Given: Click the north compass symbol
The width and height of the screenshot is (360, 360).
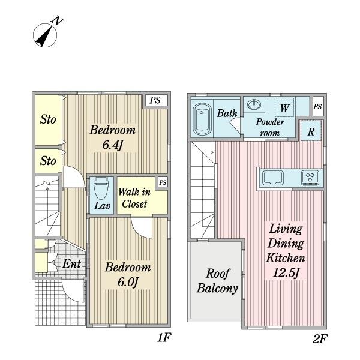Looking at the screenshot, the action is tap(45, 35).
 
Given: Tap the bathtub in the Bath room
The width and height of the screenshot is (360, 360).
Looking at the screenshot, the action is tap(202, 119).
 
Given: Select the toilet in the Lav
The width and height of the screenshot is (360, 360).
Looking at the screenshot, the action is tap(101, 188).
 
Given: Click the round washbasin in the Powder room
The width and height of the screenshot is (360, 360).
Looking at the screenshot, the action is tap(254, 104).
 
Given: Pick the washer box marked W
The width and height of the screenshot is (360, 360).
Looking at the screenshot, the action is tap(284, 107).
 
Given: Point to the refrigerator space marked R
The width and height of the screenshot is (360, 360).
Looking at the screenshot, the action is tap(311, 130).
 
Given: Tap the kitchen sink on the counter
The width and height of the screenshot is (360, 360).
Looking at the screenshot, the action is tap(272, 178).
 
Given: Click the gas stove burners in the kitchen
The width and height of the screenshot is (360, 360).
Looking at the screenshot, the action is tap(310, 178).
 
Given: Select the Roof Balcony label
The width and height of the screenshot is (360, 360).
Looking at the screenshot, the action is tap(217, 281).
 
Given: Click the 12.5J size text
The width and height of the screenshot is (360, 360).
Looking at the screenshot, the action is tap(286, 272).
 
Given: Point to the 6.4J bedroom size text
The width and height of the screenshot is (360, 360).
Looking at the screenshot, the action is tap(113, 145).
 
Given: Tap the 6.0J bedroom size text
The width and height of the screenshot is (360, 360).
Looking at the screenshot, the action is tap(128, 282).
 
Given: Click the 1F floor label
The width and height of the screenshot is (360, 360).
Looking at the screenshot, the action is tap(164, 337).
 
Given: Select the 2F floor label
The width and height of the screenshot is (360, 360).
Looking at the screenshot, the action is tap(319, 339).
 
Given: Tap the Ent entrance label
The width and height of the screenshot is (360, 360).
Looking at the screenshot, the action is tap(71, 263).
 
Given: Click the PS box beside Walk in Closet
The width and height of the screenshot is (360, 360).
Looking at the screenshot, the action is tap(163, 182).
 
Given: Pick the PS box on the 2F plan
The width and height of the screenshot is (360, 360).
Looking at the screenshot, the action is tap(318, 106).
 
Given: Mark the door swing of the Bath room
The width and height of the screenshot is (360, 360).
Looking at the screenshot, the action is tap(235, 125).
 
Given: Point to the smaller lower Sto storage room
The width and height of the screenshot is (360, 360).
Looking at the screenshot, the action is tap(48, 160).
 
